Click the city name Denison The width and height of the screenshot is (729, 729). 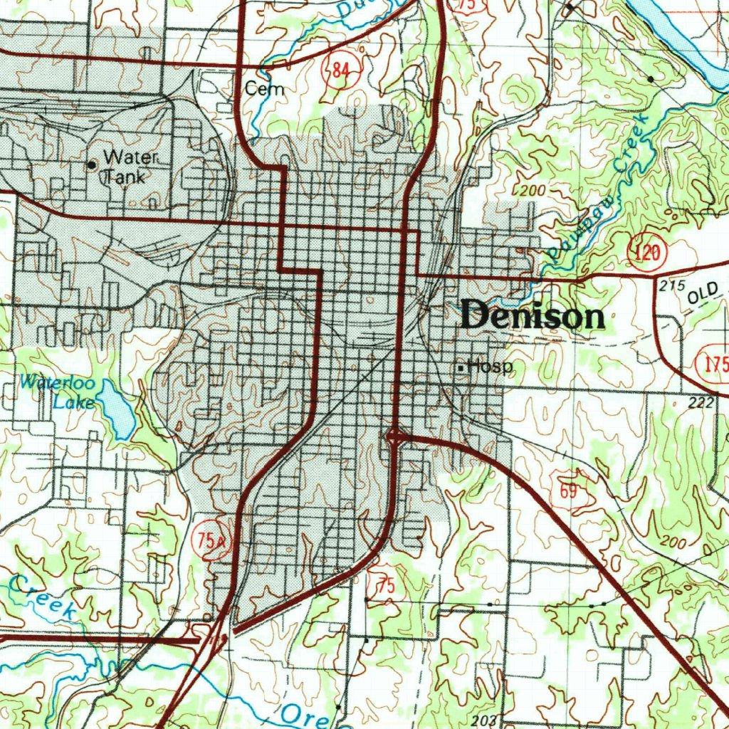(x=533, y=315)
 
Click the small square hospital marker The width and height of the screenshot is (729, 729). (x=461, y=368)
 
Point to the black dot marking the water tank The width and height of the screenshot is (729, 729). (x=91, y=165)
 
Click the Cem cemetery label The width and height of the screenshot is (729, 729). (x=264, y=89)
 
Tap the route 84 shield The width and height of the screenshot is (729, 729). (x=340, y=69)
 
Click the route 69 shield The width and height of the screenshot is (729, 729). (x=567, y=492)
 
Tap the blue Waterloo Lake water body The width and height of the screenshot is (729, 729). (x=117, y=409)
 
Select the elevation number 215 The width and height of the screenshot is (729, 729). (x=671, y=285)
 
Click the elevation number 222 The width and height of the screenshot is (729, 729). (x=701, y=403)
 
